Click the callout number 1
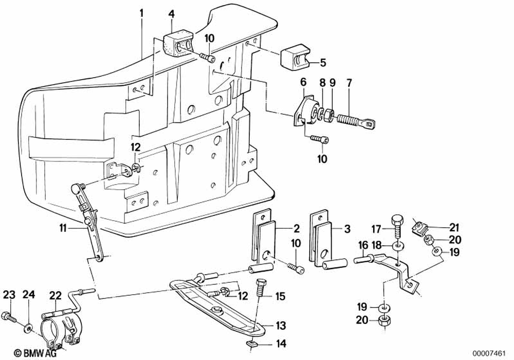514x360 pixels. click(x=142, y=11)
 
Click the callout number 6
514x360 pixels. click(x=303, y=81)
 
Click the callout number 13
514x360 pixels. click(x=280, y=325)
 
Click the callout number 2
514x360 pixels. click(x=297, y=228)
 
